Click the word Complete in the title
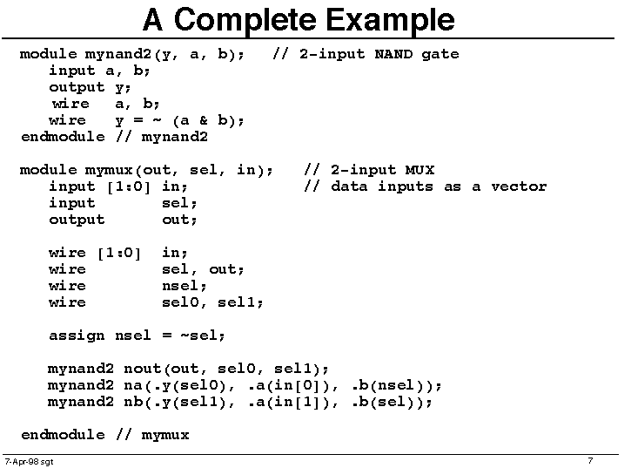point(245,20)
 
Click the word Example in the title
point(390,20)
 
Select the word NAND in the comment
point(393,54)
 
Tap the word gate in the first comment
point(440,55)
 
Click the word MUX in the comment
point(420,170)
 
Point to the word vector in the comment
point(519,187)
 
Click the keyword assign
point(77,336)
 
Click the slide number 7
point(590,460)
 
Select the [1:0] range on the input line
point(129,187)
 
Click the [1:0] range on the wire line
point(119,254)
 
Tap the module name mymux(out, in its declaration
point(131,171)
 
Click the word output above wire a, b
point(77,88)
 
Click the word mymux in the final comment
point(165,436)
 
